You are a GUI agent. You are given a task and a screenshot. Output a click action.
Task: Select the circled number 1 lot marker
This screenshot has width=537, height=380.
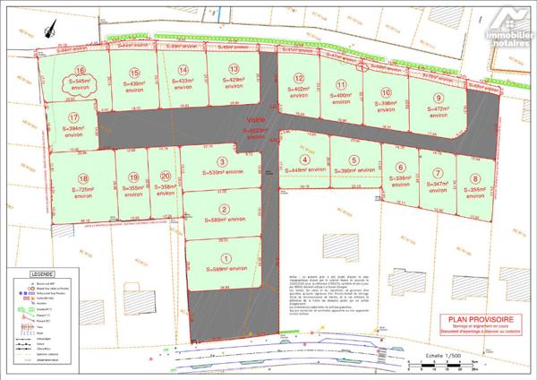pyautogui.click(x=212, y=257)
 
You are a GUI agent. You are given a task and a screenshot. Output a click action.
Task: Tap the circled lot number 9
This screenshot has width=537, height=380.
pyautogui.click(x=439, y=99)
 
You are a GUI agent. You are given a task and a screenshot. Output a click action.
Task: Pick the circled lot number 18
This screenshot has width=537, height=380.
pyautogui.click(x=82, y=177)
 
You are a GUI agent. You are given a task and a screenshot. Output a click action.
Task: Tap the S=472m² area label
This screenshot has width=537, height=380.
pyautogui.click(x=439, y=113)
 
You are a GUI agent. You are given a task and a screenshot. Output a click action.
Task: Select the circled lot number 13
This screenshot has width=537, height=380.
pyautogui.click(x=234, y=69)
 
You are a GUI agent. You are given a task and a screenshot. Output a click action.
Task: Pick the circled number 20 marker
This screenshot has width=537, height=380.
pyautogui.click(x=165, y=177)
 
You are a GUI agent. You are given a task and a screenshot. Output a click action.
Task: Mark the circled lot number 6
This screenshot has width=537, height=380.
pyautogui.click(x=401, y=167)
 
